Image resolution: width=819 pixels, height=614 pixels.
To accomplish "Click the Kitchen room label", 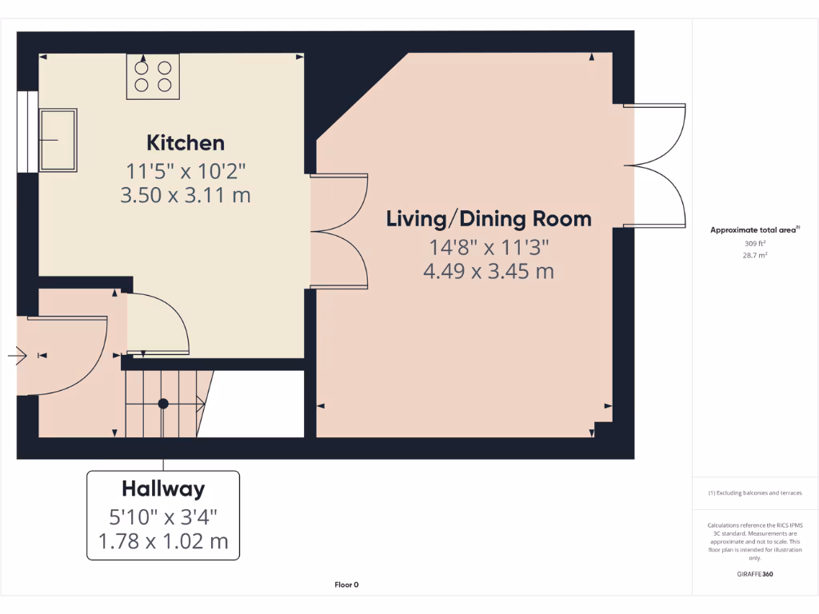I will tap(185, 143).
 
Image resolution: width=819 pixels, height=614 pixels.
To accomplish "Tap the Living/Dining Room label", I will tap(489, 219).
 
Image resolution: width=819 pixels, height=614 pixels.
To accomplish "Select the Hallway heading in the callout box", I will tap(163, 488).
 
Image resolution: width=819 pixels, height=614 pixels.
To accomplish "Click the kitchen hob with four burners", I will tap(154, 76).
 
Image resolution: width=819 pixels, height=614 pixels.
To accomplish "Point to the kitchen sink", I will tap(58, 141).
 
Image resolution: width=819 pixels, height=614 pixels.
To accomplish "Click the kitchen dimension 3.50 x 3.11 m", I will tap(185, 195).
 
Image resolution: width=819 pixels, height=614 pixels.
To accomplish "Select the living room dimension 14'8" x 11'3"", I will tap(489, 246).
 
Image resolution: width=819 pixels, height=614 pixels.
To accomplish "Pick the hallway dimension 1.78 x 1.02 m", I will tap(163, 541).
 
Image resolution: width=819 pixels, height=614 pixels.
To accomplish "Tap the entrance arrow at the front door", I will tap(18, 355).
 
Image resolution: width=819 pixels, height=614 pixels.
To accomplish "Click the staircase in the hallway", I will tap(164, 403).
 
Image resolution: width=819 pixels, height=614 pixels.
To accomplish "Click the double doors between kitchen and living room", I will tap(341, 231).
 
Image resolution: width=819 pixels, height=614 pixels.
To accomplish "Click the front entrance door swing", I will tap(68, 356).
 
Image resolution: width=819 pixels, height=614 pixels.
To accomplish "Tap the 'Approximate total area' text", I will tap(753, 230).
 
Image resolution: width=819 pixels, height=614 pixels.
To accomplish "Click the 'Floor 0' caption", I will tap(346, 585).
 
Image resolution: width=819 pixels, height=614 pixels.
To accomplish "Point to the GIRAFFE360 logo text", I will tap(755, 574).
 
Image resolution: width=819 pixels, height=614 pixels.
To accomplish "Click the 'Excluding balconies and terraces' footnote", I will tap(755, 493).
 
